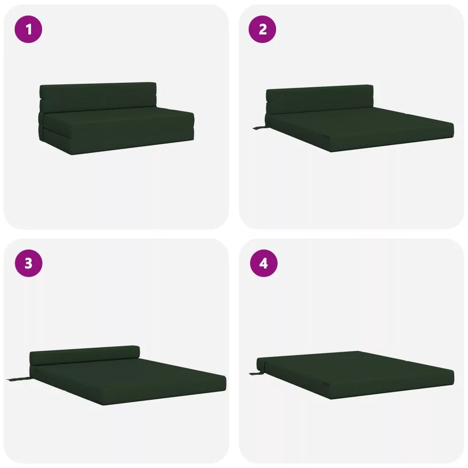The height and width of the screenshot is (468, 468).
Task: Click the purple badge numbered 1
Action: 28,29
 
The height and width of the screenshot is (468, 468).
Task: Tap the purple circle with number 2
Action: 262,29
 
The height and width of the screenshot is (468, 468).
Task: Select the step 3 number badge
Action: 29,263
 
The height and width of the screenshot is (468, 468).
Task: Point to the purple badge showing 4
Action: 264,263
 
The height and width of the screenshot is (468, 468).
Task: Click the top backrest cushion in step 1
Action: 98,90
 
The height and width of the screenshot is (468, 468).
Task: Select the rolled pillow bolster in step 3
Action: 85,355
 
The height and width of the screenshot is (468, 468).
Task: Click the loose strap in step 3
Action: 18,379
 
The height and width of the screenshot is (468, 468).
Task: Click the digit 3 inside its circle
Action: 29,263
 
